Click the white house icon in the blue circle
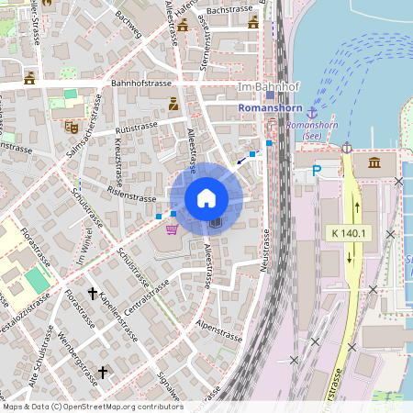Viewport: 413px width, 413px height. click(206, 198)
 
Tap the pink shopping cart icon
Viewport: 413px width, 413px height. click(171, 229)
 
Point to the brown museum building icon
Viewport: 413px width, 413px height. click(375, 162)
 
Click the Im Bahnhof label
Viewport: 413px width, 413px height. click(256, 86)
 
